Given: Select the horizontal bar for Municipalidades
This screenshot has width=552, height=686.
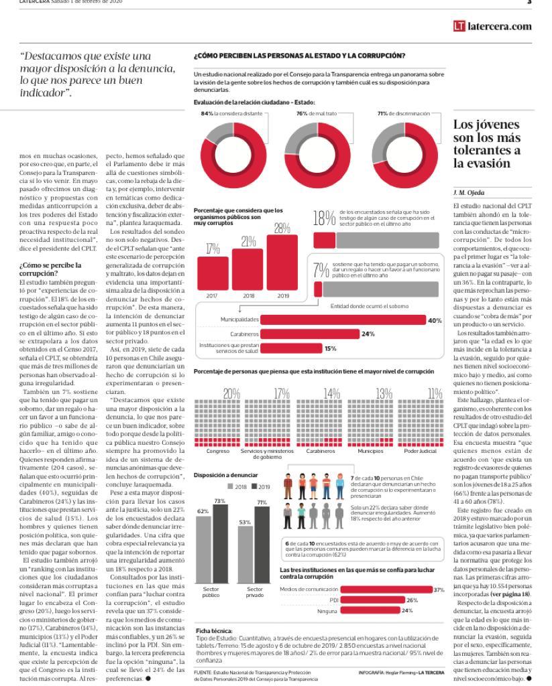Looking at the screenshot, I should (x=343, y=320).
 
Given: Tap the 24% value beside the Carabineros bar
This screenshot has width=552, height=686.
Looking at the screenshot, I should (x=368, y=334).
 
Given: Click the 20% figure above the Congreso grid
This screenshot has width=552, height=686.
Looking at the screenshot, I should (x=231, y=393).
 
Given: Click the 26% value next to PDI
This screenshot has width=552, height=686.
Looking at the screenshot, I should (x=412, y=600).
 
